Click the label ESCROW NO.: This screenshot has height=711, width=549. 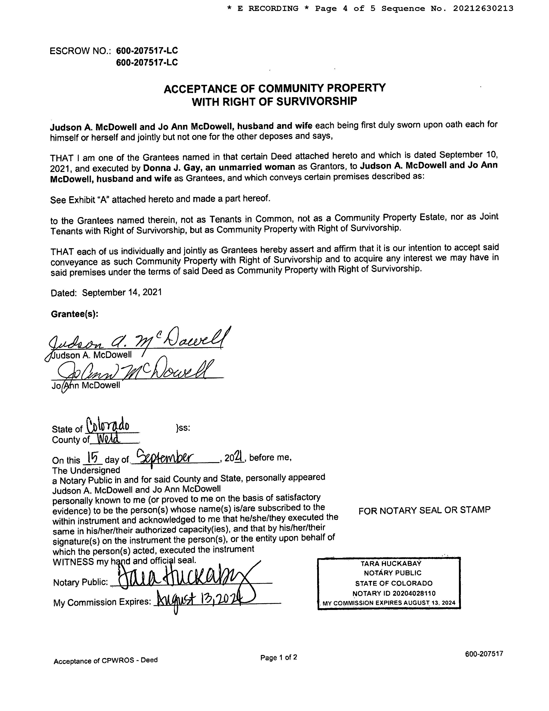click(x=80, y=51)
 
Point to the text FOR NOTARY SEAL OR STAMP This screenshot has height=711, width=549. click(x=424, y=510)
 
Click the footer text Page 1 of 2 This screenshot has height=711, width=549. click(x=278, y=658)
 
